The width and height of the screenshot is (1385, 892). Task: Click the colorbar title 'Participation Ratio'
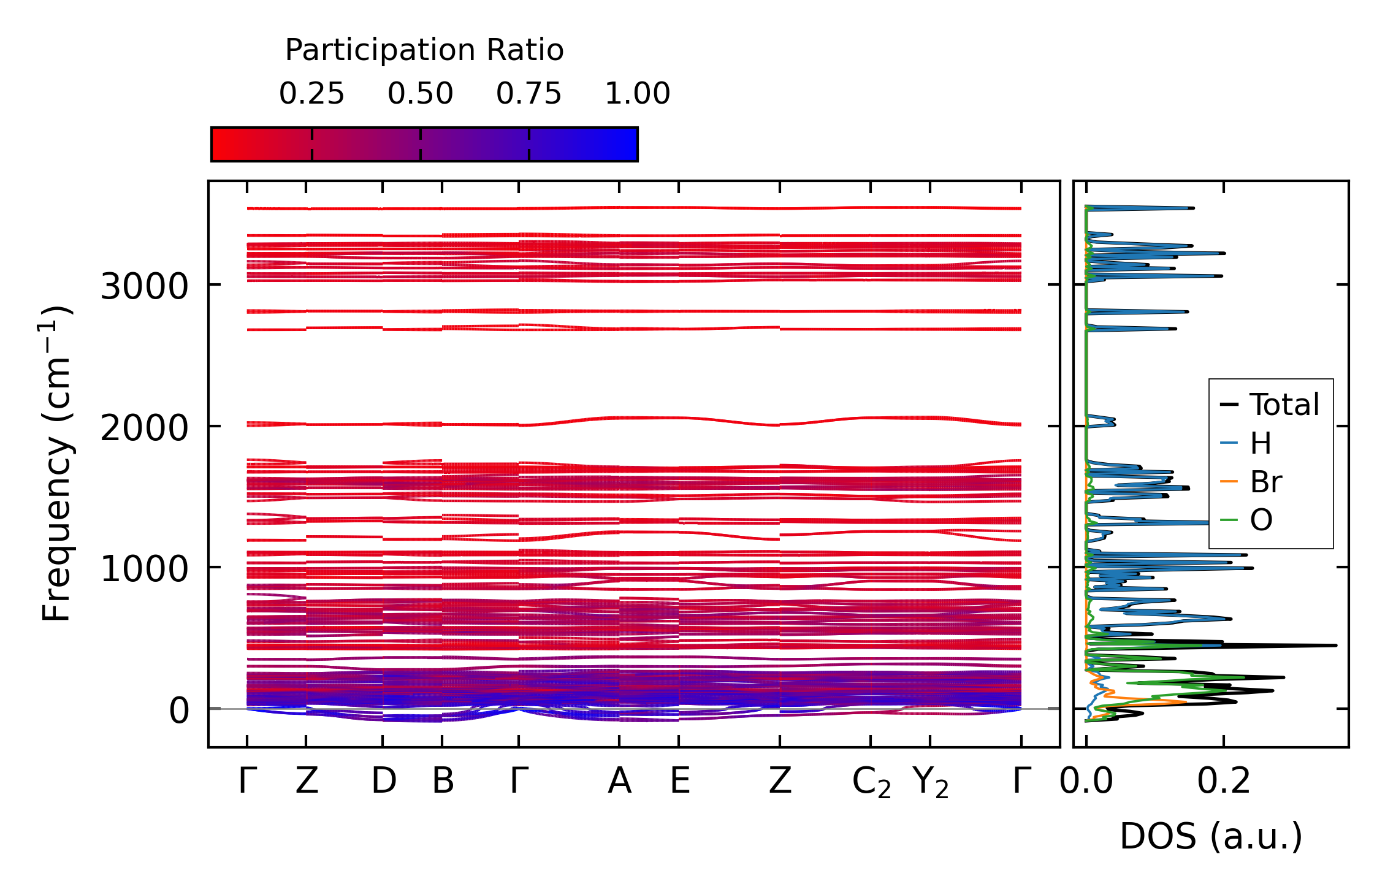point(424,50)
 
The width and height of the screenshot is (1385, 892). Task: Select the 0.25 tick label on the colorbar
point(311,94)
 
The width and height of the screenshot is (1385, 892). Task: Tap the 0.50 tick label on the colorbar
point(420,94)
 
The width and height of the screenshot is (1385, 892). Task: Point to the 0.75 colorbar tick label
point(528,94)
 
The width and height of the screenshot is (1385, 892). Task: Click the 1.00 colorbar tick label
point(637,94)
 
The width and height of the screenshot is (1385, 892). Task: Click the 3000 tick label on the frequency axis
point(144,286)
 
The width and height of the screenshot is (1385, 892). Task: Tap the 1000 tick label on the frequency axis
point(144,569)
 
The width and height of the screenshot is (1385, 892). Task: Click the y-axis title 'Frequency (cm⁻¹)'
point(56,463)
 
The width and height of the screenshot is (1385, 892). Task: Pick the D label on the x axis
point(383,782)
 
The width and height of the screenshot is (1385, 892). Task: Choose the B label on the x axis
point(443,782)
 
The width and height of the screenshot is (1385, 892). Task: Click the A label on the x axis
point(619,782)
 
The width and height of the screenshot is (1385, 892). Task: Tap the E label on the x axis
point(679,782)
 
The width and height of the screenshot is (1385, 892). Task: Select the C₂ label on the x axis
point(871,783)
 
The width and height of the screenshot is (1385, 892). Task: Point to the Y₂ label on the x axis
point(930,783)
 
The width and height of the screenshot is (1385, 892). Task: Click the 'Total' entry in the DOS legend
point(1284,405)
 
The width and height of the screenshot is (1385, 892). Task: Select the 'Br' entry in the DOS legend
point(1266,482)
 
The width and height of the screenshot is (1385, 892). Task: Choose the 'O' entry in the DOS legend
point(1261,520)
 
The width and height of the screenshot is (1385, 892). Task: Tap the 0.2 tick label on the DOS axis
point(1224,782)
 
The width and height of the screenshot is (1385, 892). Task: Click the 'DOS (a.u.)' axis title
point(1211,836)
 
